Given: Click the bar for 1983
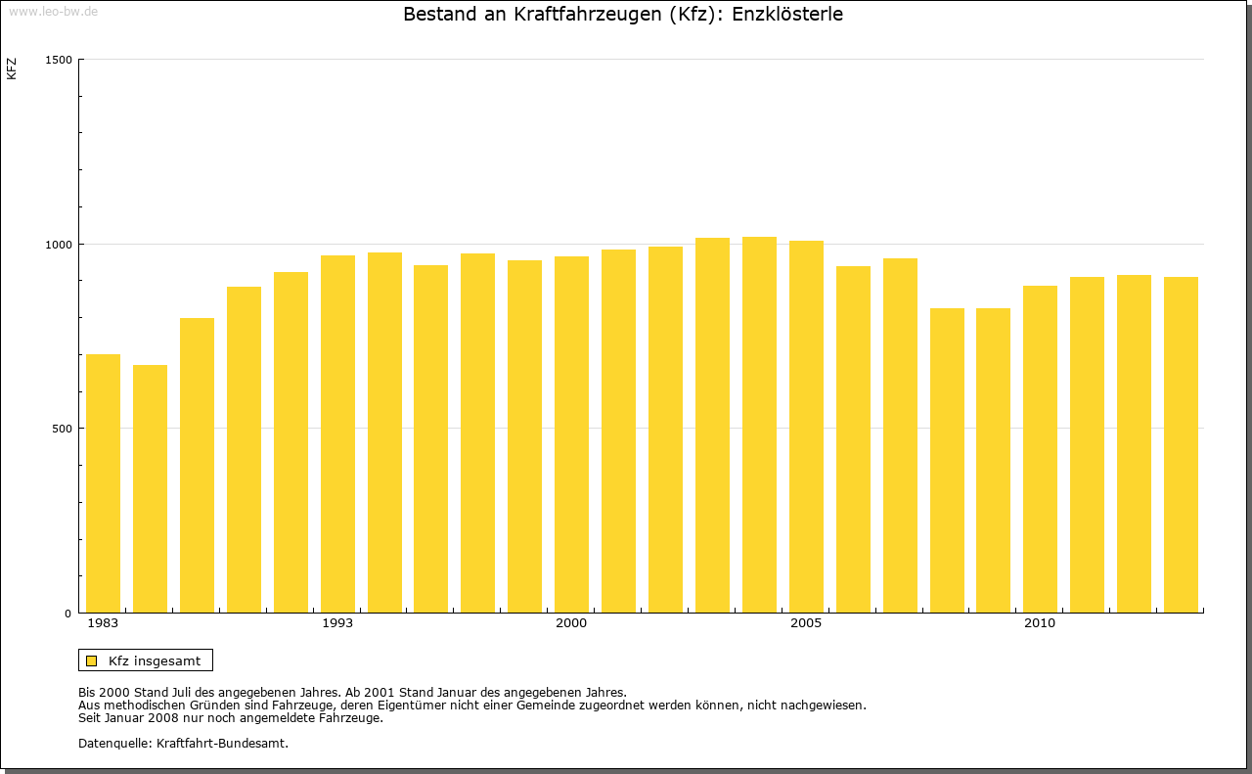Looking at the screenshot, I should click(103, 483).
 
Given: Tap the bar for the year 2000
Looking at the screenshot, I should click(571, 434).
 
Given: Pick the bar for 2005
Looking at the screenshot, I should click(806, 427).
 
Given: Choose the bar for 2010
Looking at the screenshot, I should click(1040, 449).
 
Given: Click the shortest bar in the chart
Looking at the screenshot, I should click(150, 488).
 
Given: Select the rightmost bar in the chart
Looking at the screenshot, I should click(1181, 444).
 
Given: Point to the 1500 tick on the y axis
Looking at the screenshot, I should click(59, 60).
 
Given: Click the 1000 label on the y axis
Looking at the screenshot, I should click(59, 245).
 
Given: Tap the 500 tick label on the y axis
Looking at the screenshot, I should click(63, 429).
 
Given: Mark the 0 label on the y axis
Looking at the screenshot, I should click(68, 614).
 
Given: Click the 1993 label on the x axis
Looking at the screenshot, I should click(337, 623).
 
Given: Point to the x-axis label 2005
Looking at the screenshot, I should click(806, 623).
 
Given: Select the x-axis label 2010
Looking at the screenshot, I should click(1040, 623).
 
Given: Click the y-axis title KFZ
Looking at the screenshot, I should click(12, 68).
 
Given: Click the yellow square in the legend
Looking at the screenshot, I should click(91, 660).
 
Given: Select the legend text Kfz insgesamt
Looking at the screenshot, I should click(155, 660).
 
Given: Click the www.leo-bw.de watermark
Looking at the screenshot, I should click(53, 10).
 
